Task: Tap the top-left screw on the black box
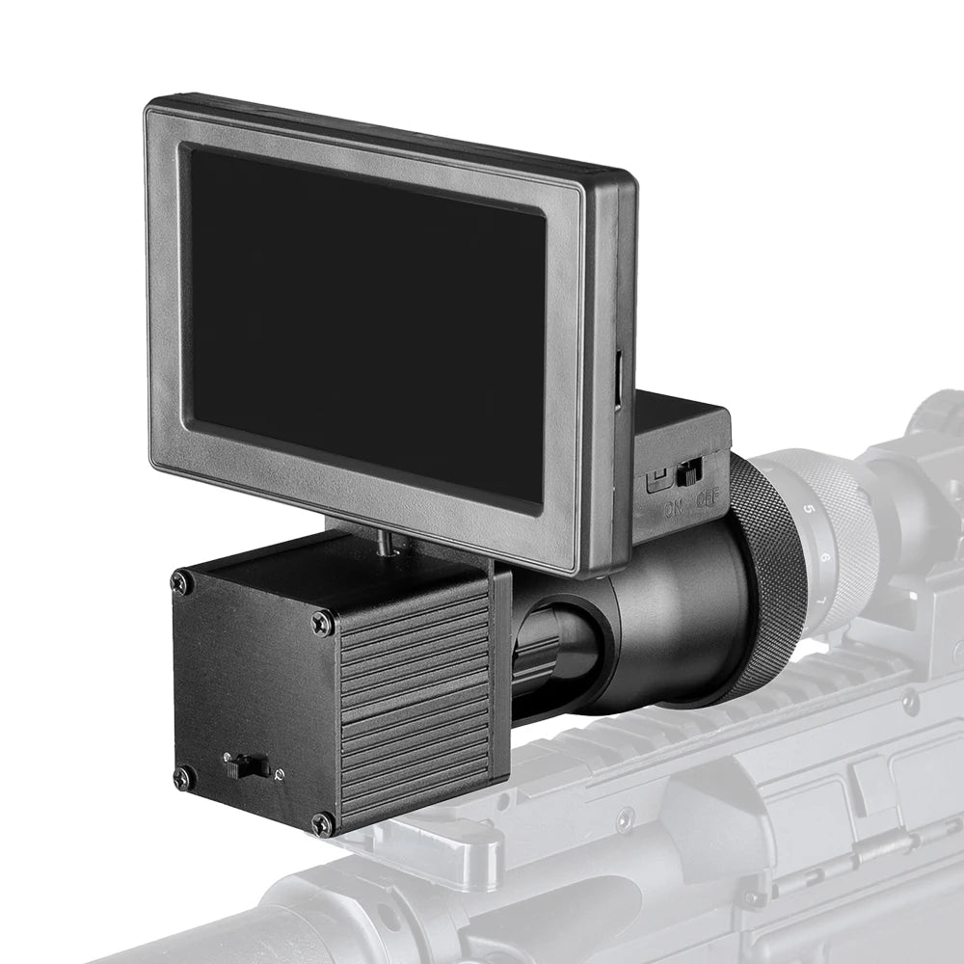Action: (179, 581)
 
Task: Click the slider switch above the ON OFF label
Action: (688, 473)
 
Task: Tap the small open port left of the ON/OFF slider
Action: (657, 477)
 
